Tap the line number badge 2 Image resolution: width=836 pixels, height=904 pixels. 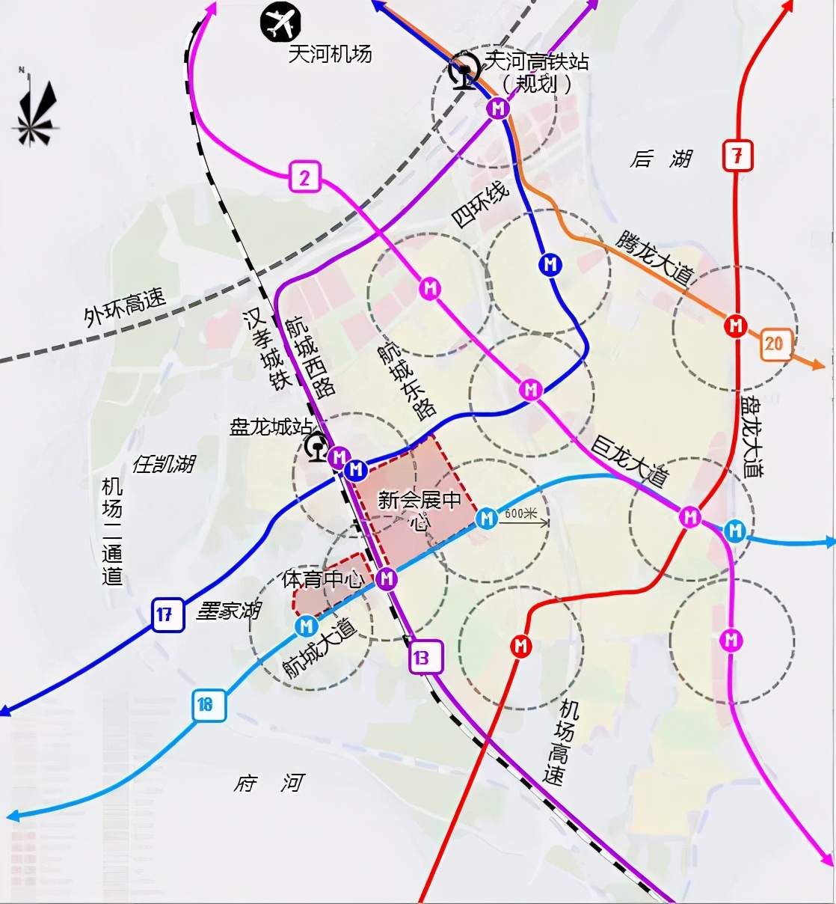tap(304, 178)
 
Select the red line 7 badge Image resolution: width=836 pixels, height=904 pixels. tap(737, 156)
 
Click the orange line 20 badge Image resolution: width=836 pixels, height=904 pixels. tap(774, 343)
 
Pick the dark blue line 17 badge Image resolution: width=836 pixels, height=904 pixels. tap(165, 615)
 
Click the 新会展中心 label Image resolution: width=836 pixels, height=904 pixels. tap(419, 504)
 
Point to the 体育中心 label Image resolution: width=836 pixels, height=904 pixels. tap(323, 579)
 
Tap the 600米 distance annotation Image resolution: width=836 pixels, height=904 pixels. tap(521, 513)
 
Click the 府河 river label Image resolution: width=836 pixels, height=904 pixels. tap(268, 784)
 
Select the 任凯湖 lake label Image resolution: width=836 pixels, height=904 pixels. tap(164, 464)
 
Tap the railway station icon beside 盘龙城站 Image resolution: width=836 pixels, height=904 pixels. tap(317, 447)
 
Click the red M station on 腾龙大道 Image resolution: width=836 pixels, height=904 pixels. tap(737, 326)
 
